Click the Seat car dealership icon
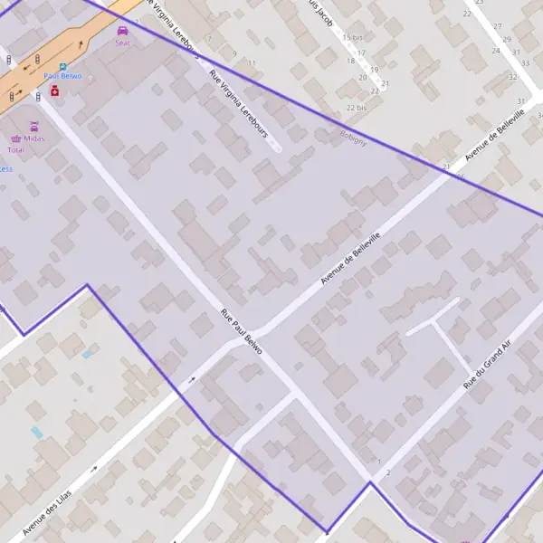point(122,30)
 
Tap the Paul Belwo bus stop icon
point(62,66)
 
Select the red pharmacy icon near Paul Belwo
point(54,91)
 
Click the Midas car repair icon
point(34,127)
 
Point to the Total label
point(15,149)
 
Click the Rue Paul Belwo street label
point(242,332)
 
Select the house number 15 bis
point(353,37)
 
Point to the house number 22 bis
point(357,108)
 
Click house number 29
point(507,39)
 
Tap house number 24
point(496,51)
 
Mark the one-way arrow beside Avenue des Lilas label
point(94,469)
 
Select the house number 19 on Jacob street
point(374,69)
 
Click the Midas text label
point(34,138)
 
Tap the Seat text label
point(122,42)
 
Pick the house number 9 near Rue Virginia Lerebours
point(234,53)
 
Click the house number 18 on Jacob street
point(351,61)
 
